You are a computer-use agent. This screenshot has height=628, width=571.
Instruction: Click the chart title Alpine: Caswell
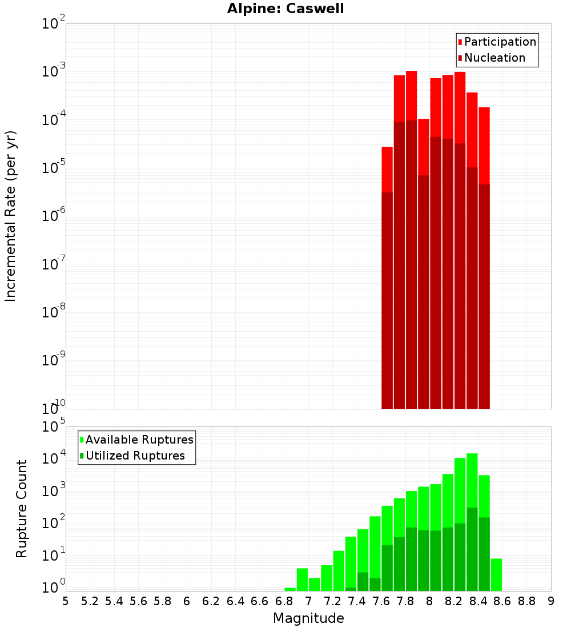(285, 9)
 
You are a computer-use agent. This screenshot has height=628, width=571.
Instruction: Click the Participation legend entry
(497, 42)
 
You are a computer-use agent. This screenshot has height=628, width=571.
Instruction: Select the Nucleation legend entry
(492, 58)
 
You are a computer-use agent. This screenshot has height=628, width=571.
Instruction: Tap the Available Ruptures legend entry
(136, 440)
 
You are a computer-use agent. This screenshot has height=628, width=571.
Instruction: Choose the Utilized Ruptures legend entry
(132, 456)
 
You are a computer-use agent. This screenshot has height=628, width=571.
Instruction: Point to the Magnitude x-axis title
(308, 618)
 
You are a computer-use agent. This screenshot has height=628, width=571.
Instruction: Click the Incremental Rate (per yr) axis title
(10, 216)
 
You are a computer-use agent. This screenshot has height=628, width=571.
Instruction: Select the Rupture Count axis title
(21, 509)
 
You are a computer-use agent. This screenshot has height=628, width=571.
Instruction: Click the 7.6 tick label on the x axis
(381, 602)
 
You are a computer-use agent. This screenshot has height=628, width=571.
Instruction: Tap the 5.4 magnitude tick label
(114, 602)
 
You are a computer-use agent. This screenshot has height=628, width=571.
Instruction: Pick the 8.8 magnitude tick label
(526, 602)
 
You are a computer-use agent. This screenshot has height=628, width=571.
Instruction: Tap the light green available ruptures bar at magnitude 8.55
(496, 575)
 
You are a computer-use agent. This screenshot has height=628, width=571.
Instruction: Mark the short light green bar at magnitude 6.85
(290, 589)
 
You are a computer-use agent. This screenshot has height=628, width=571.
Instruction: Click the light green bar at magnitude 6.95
(302, 579)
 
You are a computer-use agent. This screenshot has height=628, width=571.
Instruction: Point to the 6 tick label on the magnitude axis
(187, 602)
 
